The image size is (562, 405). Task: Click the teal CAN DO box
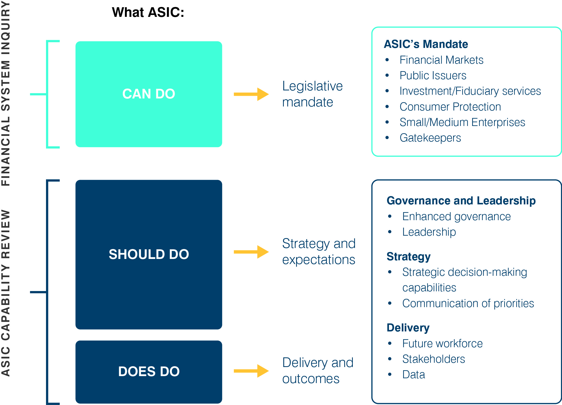click(149, 94)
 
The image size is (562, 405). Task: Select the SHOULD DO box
click(149, 254)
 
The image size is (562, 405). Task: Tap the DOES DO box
click(149, 372)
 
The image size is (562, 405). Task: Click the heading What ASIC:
click(148, 12)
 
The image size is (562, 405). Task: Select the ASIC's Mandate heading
click(426, 44)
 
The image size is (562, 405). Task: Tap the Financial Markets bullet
click(441, 60)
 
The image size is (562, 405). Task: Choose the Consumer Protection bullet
click(450, 107)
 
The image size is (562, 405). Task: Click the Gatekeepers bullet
click(430, 138)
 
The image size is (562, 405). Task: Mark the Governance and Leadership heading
click(461, 201)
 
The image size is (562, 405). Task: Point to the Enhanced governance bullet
click(456, 216)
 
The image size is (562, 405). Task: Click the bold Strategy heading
click(408, 257)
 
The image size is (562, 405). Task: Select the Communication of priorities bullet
click(468, 303)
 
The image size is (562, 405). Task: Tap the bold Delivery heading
click(408, 328)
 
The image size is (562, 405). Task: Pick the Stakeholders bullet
click(434, 359)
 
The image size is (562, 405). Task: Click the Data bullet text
click(414, 375)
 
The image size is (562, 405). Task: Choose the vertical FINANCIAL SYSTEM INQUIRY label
click(6, 94)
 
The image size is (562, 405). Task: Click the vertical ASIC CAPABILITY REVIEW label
click(6, 293)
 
